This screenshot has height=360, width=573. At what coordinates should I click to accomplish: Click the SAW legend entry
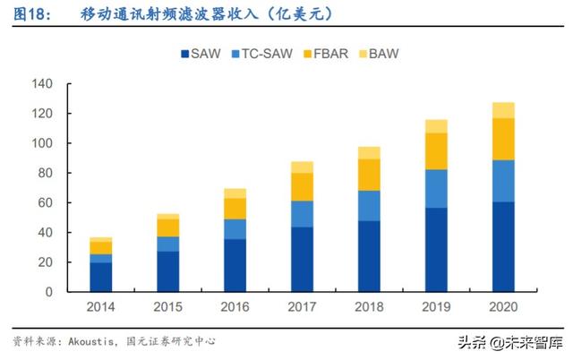click(x=205, y=54)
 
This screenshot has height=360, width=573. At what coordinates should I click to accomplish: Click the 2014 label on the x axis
click(x=100, y=307)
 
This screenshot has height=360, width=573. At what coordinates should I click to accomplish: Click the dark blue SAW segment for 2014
click(x=100, y=277)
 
